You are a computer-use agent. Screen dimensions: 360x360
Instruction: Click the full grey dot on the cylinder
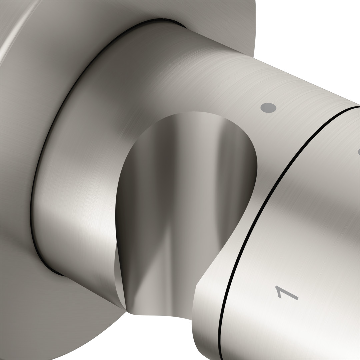click(268, 108)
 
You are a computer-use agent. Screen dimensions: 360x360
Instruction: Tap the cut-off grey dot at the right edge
click(359, 152)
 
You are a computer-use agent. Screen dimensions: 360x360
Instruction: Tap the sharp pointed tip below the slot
click(126, 311)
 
